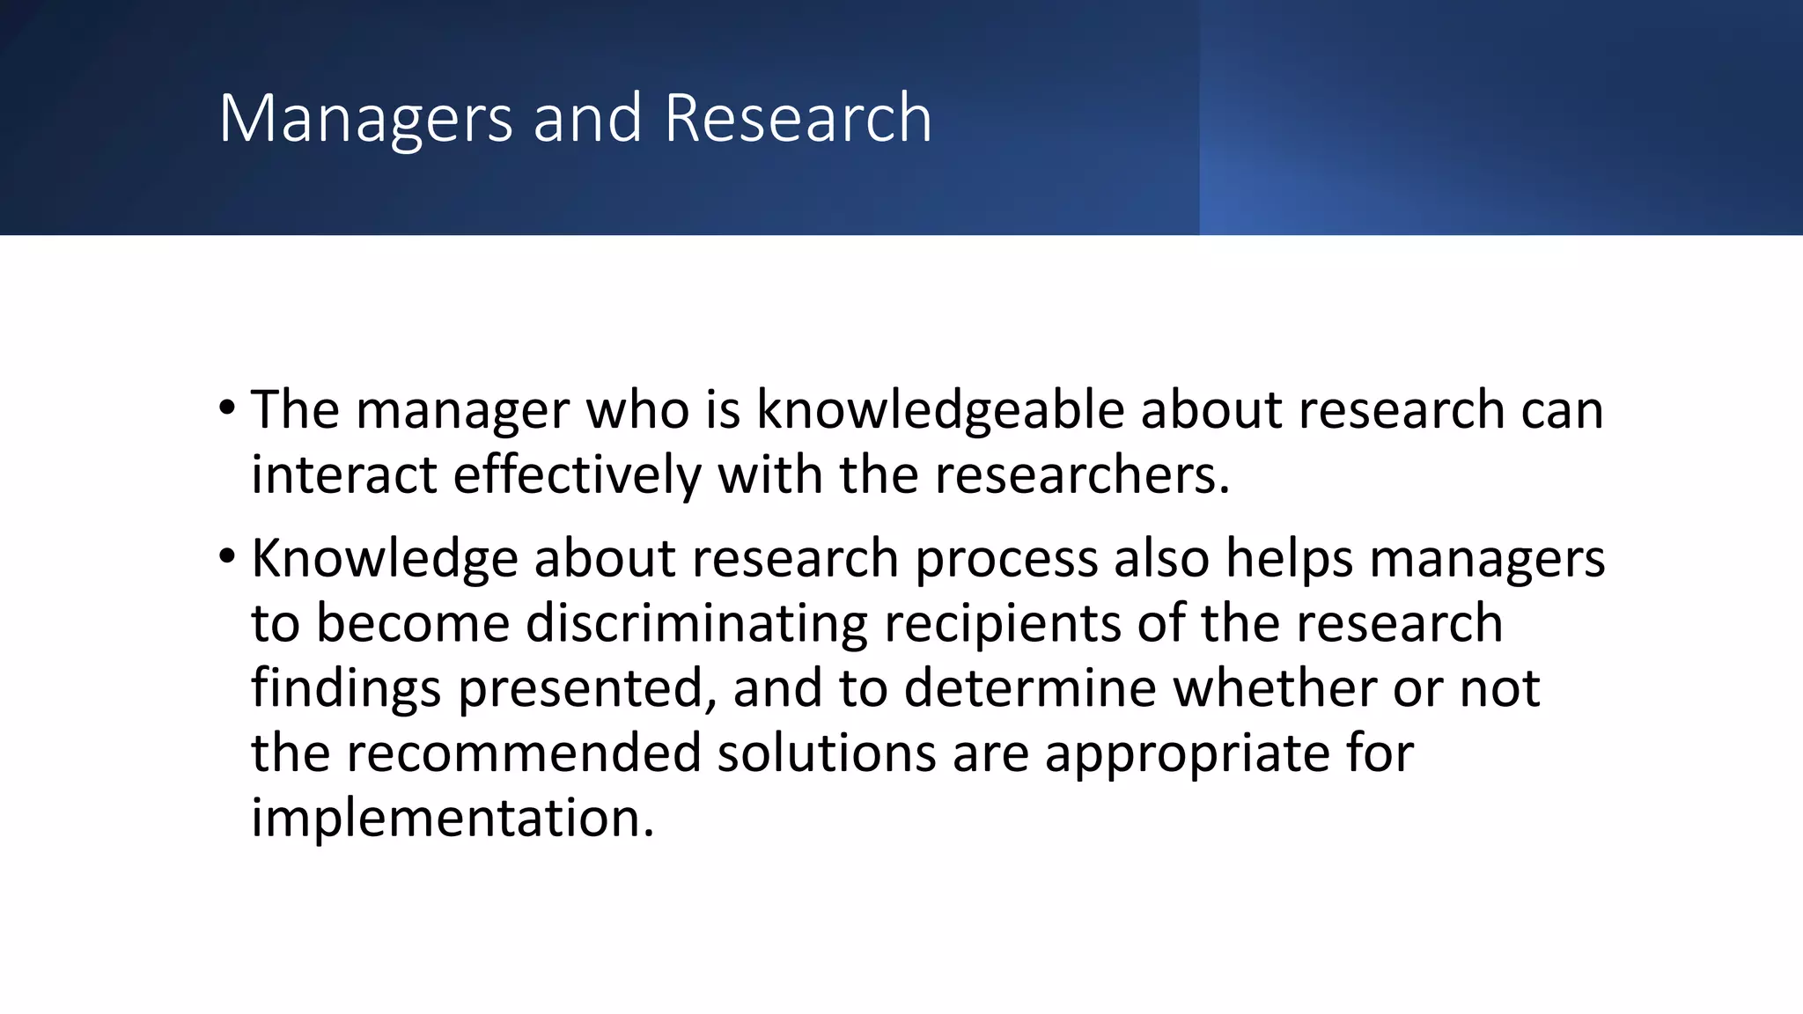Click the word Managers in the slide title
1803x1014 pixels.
(365, 119)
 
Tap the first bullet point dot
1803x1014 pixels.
(227, 408)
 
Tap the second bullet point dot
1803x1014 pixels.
(227, 556)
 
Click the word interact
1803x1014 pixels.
(343, 474)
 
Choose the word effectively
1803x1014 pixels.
(577, 474)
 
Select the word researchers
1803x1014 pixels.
(1081, 474)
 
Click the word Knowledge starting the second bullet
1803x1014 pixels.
(384, 559)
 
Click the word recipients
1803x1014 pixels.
(1002, 624)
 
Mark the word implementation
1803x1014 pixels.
(453, 818)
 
